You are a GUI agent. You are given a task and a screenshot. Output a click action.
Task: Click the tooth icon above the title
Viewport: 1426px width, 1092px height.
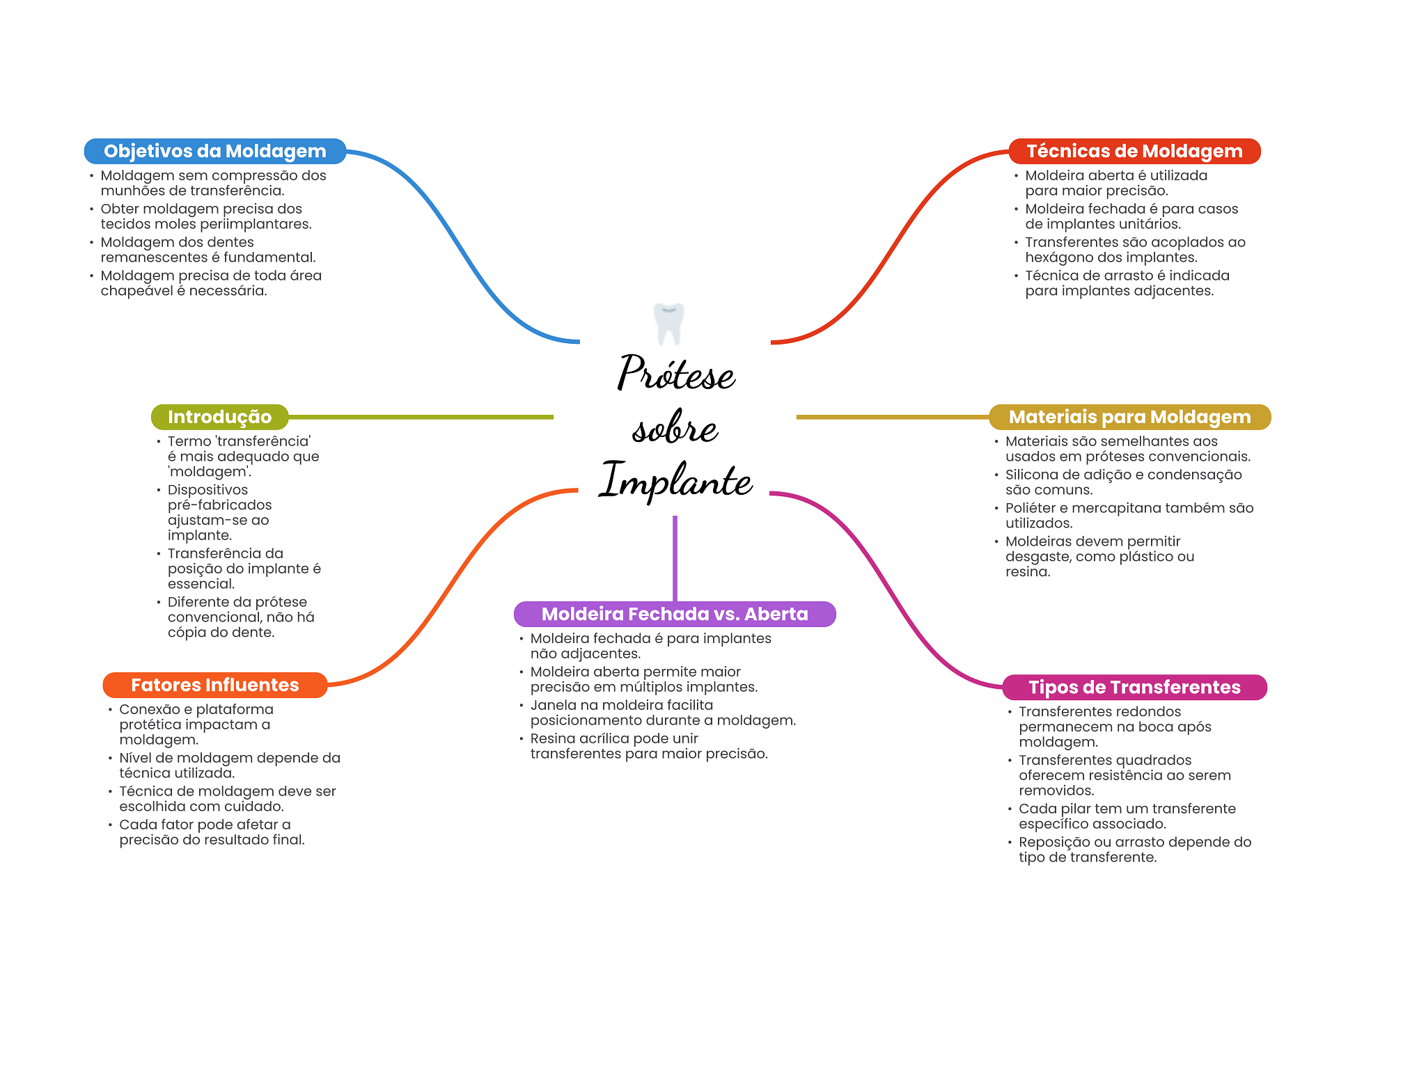tap(668, 324)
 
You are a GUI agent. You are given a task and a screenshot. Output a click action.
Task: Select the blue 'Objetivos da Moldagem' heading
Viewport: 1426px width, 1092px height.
tap(215, 151)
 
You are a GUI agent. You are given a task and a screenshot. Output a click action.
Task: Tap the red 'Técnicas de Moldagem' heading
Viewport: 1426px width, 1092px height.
tap(1134, 151)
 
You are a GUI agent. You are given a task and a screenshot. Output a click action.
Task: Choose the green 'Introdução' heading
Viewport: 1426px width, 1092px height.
tap(220, 417)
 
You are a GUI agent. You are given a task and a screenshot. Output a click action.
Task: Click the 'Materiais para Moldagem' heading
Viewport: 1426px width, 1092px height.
tap(1130, 417)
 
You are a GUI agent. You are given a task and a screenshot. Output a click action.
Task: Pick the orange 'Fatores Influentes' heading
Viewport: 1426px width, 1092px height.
tap(215, 685)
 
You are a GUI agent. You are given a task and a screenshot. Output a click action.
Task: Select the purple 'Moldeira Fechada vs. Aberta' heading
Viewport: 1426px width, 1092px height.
tap(675, 614)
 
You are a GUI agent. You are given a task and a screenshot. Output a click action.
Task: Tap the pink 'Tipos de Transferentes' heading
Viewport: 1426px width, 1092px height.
tap(1135, 687)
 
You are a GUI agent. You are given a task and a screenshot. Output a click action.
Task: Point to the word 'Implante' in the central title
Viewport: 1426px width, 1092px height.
tap(676, 480)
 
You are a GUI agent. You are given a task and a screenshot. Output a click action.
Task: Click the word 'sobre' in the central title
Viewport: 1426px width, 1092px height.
tap(675, 427)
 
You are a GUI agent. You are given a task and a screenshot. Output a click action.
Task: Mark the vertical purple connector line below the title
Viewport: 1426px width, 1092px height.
tap(675, 558)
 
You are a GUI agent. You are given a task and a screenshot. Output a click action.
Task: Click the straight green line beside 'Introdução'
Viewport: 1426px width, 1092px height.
tap(421, 417)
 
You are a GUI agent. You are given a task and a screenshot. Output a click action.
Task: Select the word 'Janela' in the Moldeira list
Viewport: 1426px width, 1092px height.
tap(552, 705)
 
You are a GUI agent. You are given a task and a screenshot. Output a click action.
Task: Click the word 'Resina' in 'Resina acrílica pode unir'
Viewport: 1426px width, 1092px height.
tap(552, 738)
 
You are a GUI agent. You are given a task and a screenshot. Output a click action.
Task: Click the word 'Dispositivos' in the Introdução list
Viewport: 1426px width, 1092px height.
tap(207, 490)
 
